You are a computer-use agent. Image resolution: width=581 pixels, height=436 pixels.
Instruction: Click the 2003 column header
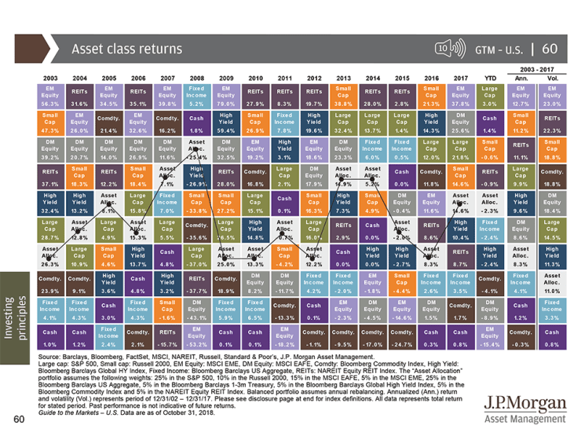(x=50, y=79)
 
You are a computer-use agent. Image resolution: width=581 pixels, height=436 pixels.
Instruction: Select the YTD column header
(x=488, y=79)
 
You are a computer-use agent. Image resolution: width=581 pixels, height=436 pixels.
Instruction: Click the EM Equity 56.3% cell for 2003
(x=50, y=97)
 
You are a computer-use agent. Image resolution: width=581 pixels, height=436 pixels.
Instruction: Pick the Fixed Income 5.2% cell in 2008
(x=197, y=97)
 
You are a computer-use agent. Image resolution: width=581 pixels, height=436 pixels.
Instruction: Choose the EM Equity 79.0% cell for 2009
(x=227, y=97)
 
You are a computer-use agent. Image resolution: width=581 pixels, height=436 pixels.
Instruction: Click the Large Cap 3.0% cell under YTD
(x=488, y=97)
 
